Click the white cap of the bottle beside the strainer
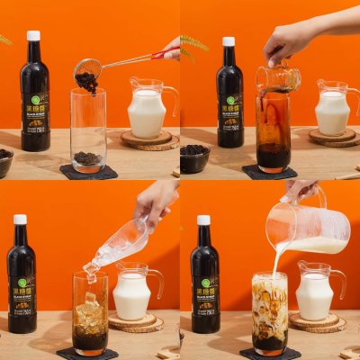click(33, 36)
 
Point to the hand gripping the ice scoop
click(157, 200)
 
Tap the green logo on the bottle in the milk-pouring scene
click(205, 283)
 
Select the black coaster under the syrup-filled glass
click(269, 172)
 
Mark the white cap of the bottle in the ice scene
click(20, 220)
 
